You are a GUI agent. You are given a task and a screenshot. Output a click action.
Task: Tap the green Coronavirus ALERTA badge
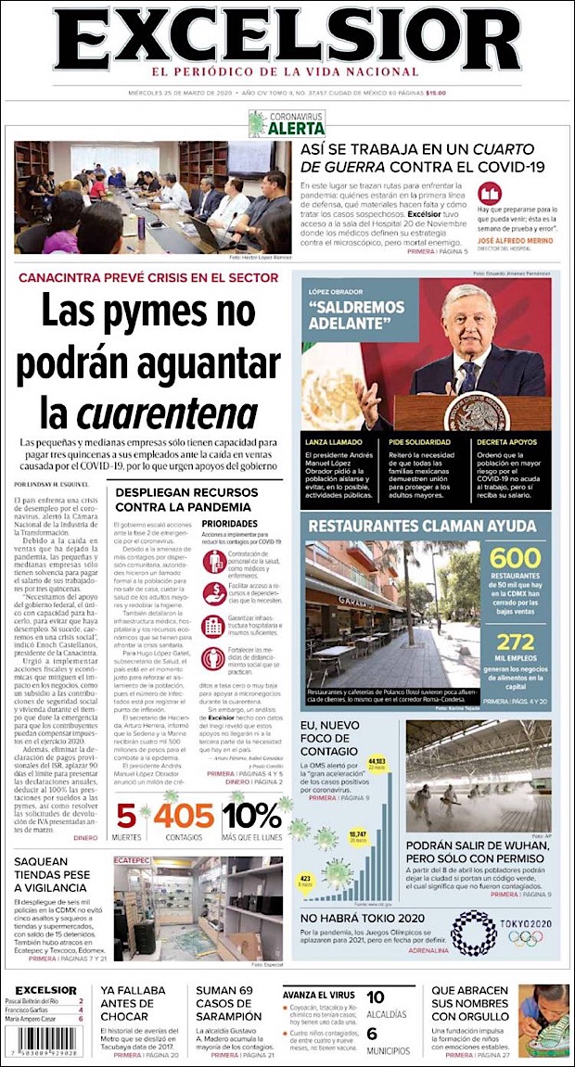(x=287, y=123)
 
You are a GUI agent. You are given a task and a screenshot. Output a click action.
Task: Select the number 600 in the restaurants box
(x=515, y=559)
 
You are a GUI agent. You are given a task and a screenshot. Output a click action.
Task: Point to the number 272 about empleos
(x=516, y=616)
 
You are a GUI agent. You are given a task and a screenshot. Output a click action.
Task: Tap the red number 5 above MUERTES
(x=126, y=815)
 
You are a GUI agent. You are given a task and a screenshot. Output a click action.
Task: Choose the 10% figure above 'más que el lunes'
(x=251, y=815)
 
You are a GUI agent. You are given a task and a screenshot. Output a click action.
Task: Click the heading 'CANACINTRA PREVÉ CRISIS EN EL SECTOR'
(x=148, y=277)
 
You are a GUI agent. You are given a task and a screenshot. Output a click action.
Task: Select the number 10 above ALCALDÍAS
(x=375, y=997)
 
